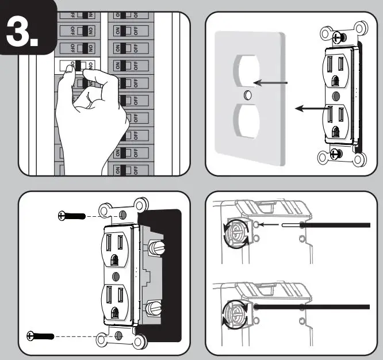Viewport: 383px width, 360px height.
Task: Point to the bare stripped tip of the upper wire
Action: [290, 225]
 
